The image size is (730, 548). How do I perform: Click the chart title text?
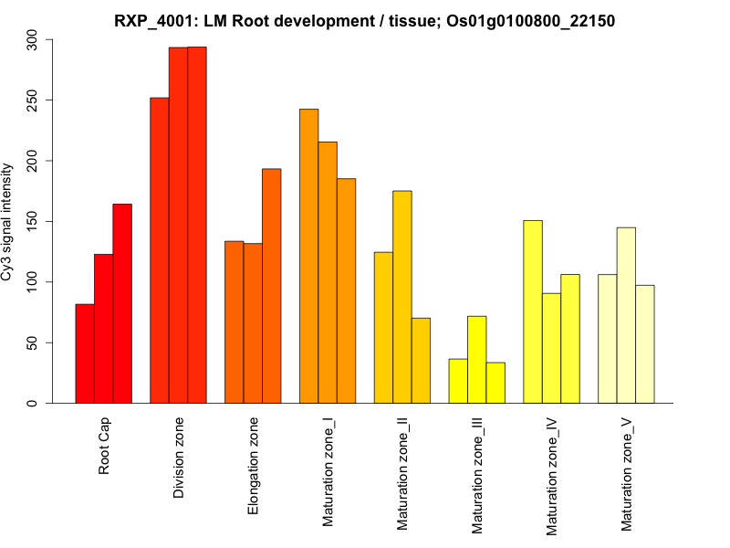(365, 20)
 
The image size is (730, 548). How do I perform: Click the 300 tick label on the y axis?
(33, 39)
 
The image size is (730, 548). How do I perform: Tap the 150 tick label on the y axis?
(33, 221)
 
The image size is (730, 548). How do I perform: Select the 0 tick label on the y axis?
(33, 403)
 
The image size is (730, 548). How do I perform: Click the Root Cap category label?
(105, 447)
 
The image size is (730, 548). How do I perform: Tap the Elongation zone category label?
(254, 466)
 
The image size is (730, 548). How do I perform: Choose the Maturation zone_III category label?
(477, 475)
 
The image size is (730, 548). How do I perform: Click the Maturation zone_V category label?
(627, 473)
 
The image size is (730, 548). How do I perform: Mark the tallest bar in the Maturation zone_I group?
(308, 256)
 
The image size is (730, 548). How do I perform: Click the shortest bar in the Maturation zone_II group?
(421, 361)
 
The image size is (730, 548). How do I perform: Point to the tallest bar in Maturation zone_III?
(476, 360)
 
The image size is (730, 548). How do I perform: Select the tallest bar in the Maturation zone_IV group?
(533, 311)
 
